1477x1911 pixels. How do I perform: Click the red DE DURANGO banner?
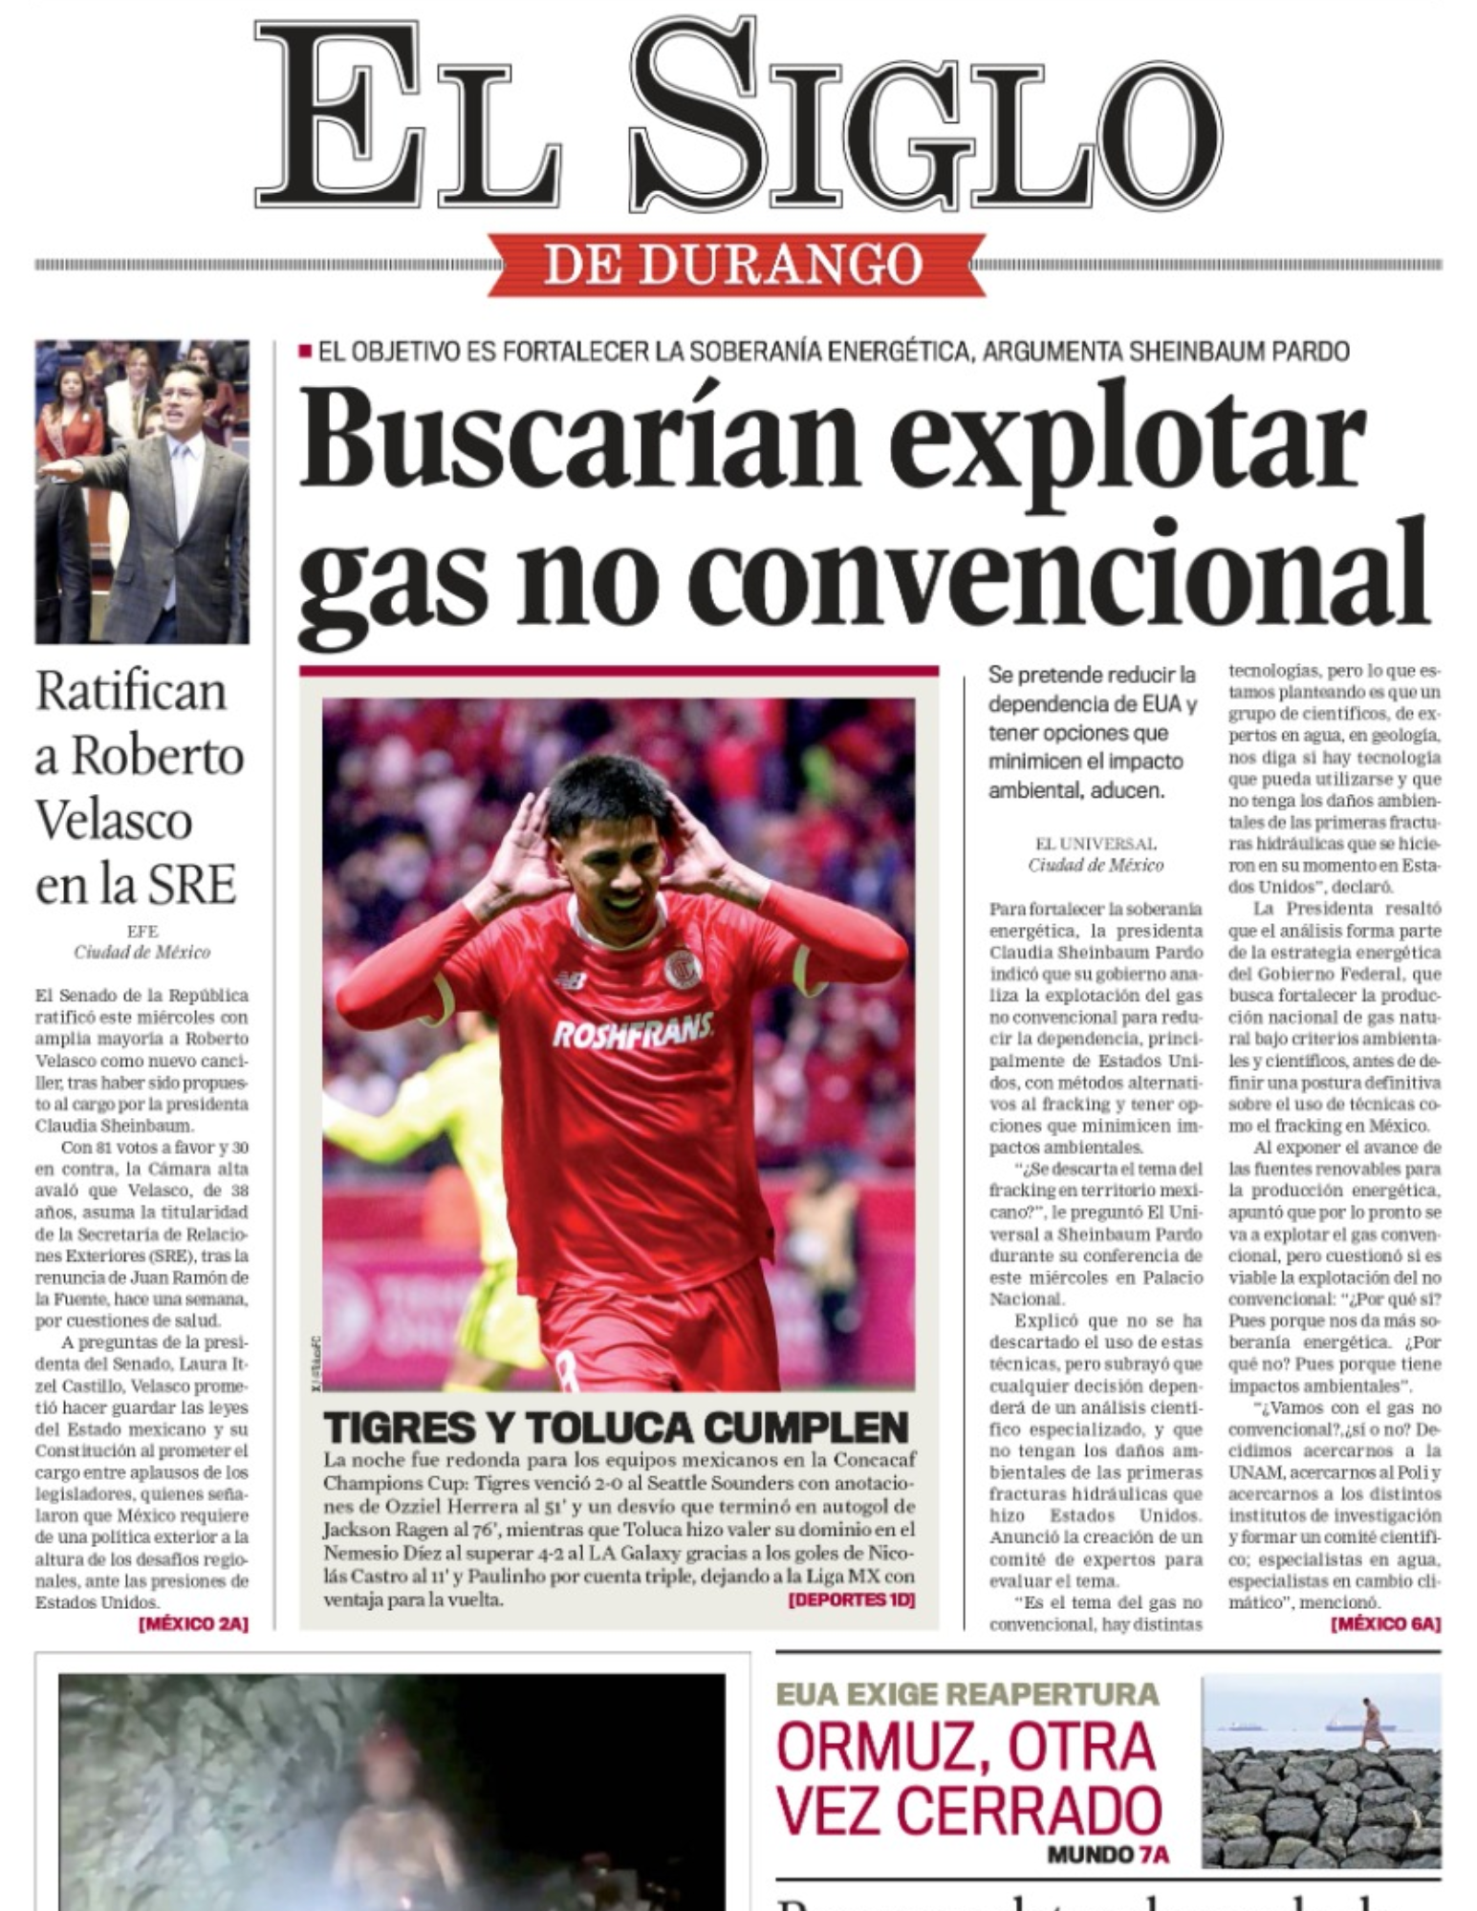(x=733, y=264)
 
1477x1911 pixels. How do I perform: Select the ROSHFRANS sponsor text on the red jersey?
(x=632, y=1031)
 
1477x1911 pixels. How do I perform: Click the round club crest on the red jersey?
(x=683, y=968)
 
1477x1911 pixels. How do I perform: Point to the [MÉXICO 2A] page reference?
(x=193, y=1623)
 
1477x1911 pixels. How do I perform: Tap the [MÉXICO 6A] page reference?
(x=1385, y=1623)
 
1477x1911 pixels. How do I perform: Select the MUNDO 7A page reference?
(x=1108, y=1855)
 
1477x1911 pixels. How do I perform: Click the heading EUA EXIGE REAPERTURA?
(x=967, y=1694)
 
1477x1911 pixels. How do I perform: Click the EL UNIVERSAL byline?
(x=1096, y=844)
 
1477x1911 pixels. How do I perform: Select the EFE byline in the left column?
(x=141, y=931)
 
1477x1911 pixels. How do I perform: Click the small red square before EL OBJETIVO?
(x=305, y=352)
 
